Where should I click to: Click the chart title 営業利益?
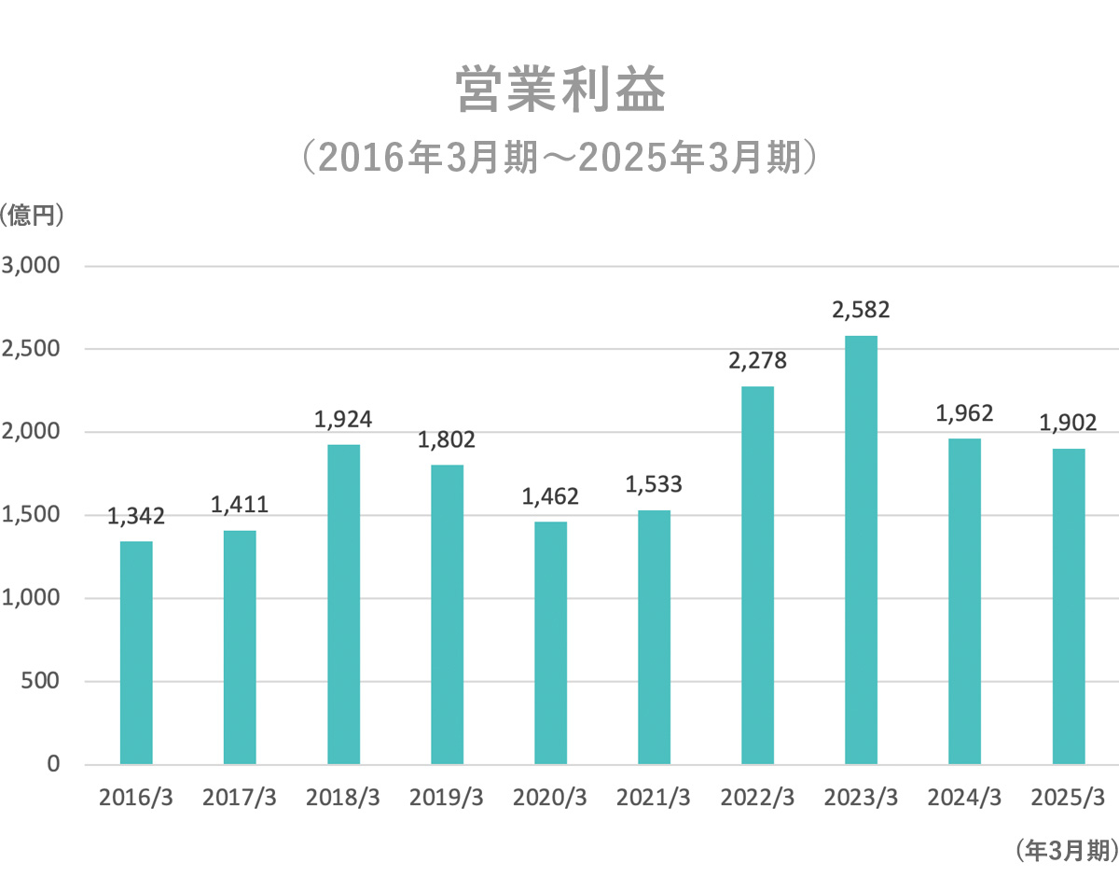pos(560,91)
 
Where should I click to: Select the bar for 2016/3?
pos(136,652)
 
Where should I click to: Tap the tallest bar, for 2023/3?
pos(861,550)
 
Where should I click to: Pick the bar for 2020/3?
pos(550,643)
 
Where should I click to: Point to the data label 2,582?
pos(861,310)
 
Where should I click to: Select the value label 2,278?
pos(757,360)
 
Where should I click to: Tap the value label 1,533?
pos(654,484)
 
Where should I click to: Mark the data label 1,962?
pos(964,412)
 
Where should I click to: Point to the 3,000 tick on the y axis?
pos(32,266)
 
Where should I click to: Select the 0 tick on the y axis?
pos(52,764)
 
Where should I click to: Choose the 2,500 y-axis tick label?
pos(32,349)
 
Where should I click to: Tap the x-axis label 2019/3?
pos(447,799)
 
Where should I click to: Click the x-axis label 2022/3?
pos(757,799)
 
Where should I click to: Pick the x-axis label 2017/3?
pos(240,799)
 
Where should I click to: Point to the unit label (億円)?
pos(34,215)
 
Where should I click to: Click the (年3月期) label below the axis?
pos(1064,849)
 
